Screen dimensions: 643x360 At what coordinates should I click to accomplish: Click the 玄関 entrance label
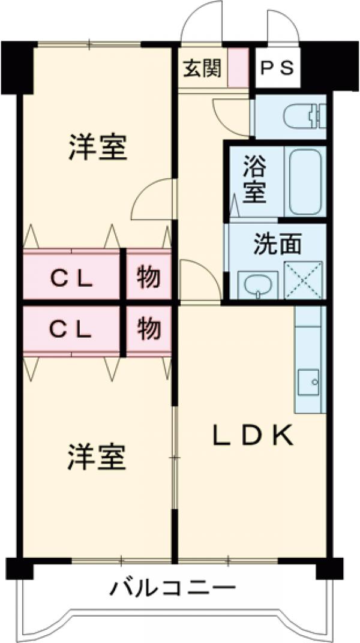pos(202,68)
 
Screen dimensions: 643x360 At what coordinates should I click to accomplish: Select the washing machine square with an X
pos(303,279)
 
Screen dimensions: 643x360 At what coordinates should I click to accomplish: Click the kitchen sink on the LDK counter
pos(311,380)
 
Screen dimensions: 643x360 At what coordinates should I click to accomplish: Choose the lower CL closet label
pos(71,328)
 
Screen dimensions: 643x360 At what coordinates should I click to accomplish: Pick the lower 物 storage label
pos(148,328)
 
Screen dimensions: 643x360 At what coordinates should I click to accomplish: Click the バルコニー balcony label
pos(172,588)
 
